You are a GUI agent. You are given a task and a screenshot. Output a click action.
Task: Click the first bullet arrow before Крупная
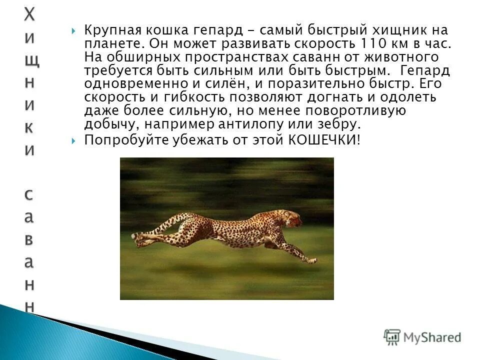tap(74, 31)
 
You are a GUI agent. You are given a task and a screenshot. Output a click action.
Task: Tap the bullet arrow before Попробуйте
tap(74, 141)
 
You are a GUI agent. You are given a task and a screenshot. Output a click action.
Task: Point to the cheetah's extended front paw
tap(311, 260)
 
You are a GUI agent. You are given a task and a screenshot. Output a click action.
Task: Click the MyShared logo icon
tap(392, 336)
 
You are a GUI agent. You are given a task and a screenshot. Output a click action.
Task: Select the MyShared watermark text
tap(432, 337)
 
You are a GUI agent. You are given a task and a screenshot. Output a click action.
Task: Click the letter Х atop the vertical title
tap(30, 15)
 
